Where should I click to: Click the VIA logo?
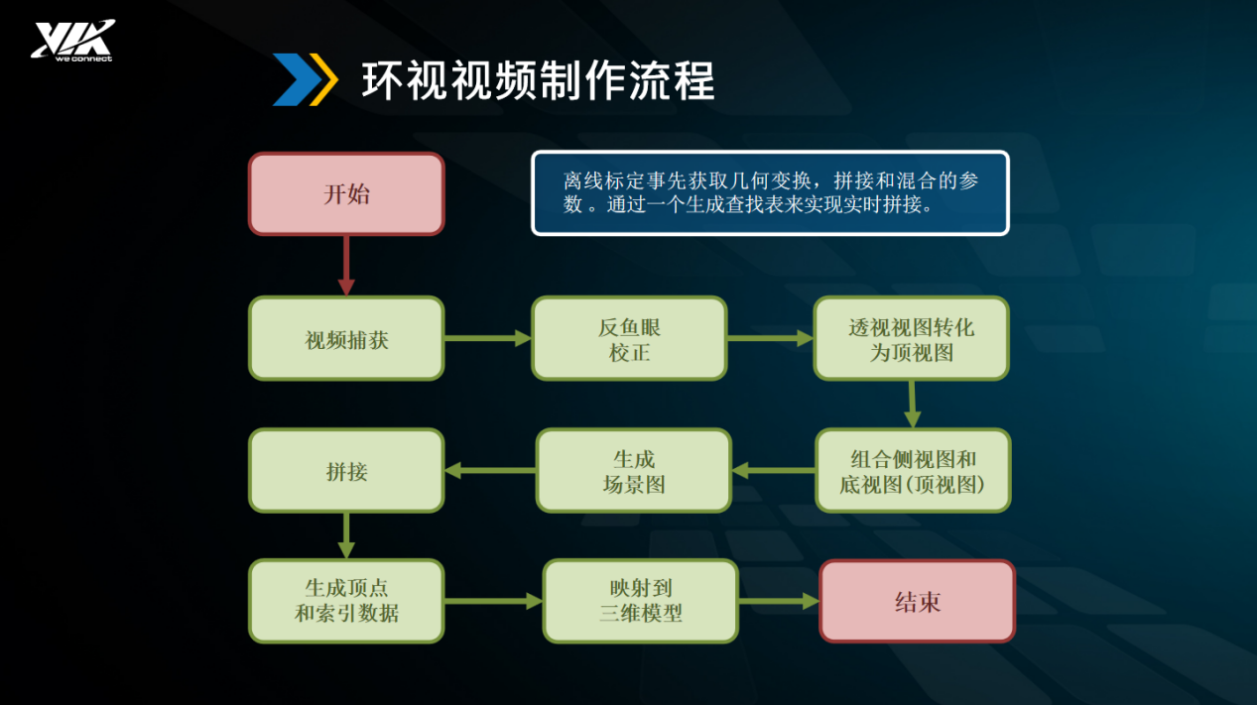coord(73,41)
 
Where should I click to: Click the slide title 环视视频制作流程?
coord(538,81)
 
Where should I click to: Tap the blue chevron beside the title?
coord(297,79)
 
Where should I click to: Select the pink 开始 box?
coord(347,194)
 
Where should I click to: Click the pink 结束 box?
coord(918,601)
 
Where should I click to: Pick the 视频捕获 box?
coord(347,339)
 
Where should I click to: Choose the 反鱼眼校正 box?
coord(630,339)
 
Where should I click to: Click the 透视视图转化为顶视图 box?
coord(912,339)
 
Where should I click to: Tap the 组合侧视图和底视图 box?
coord(913,471)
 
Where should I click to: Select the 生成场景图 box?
coord(634,471)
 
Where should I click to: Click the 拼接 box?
coord(347,471)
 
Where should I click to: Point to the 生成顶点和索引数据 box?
coord(347,601)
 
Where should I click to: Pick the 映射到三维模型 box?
coord(641,601)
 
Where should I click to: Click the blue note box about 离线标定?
coord(771,193)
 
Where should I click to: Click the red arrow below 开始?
coord(346,266)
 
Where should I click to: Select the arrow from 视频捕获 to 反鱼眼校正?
coord(488,338)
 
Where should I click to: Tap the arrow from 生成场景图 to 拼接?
coord(490,470)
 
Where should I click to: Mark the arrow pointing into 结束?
coord(779,601)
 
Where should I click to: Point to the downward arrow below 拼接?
coord(346,535)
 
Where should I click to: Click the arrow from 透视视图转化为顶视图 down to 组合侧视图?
coord(913,405)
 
